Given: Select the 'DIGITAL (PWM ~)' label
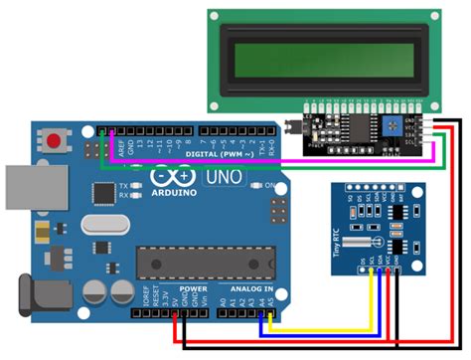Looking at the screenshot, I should coord(218,154).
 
